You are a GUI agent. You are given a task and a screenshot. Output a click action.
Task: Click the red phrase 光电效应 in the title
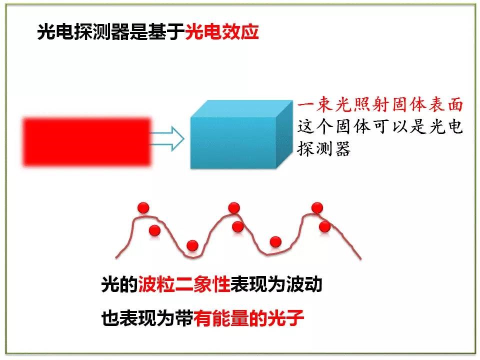[x=222, y=31]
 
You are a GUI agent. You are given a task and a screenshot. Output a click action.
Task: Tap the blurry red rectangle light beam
[x=87, y=142]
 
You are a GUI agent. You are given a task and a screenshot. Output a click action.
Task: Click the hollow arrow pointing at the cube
[x=167, y=138]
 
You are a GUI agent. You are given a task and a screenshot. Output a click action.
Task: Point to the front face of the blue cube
[x=233, y=142]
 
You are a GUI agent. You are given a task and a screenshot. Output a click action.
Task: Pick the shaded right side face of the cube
[x=284, y=134]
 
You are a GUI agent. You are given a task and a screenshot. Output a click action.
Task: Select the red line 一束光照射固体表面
[x=380, y=104]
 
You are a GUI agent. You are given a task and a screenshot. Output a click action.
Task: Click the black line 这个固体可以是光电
[x=380, y=126]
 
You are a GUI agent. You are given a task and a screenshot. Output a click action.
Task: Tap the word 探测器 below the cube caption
[x=324, y=149]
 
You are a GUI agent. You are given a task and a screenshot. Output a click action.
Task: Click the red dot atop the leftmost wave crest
[x=143, y=207]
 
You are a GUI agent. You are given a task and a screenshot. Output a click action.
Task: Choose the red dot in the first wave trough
[x=192, y=245]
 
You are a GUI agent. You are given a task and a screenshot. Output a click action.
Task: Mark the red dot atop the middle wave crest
[x=234, y=207]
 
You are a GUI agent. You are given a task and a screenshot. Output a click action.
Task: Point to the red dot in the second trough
[x=275, y=242]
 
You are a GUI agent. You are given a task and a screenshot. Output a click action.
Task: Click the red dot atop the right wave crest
[x=317, y=207]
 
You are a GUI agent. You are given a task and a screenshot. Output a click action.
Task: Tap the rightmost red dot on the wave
[x=324, y=226]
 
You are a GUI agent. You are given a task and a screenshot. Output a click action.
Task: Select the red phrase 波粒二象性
[x=184, y=284]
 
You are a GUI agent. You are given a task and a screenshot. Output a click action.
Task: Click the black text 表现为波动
[x=276, y=284]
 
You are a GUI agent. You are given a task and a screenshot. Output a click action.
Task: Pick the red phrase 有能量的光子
[x=248, y=318]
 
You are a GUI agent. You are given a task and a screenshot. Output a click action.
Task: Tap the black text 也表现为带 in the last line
[x=147, y=318]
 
